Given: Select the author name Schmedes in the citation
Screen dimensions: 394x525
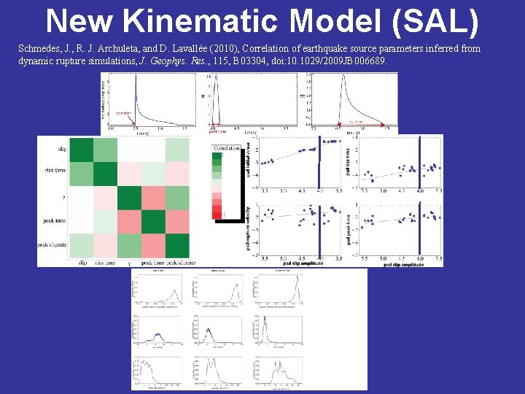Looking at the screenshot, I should point(42,49).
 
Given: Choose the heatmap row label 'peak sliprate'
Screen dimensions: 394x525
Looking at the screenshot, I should point(52,245).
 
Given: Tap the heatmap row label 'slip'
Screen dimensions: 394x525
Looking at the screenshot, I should point(63,150).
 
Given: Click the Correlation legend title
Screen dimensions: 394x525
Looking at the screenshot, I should point(227,148).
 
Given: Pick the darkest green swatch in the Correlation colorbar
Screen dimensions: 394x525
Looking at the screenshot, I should point(217,155).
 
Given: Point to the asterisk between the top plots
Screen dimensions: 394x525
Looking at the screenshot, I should point(202,97).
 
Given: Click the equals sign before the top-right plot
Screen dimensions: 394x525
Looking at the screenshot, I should point(301,96).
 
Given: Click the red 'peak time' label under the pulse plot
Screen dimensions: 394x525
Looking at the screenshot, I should point(217,132).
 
